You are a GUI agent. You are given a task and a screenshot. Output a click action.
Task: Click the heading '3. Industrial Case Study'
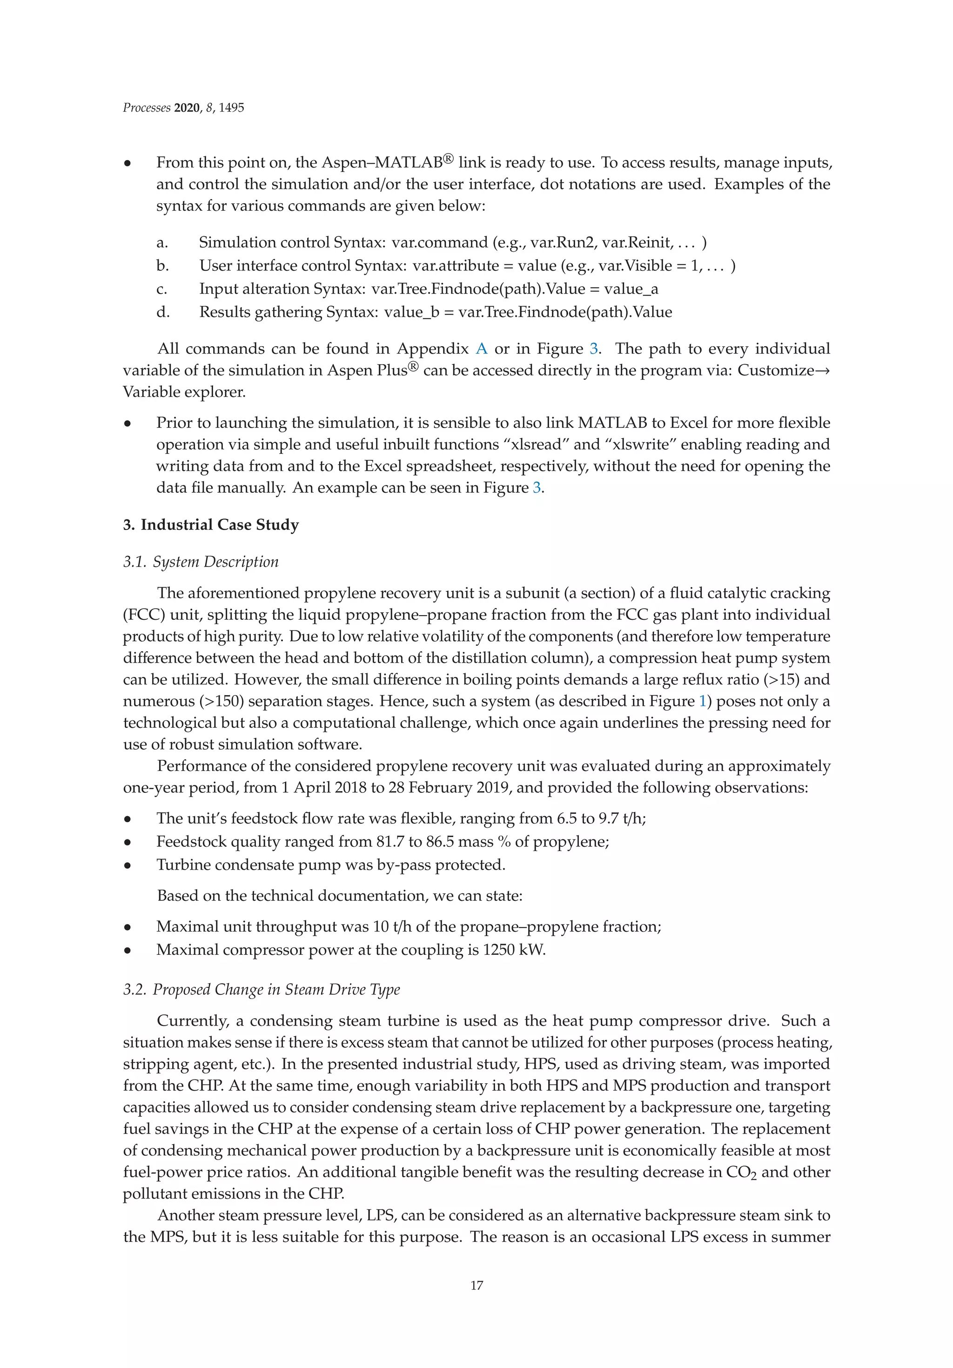pos(210,524)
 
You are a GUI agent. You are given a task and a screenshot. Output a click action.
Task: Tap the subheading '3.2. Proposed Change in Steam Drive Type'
pos(261,989)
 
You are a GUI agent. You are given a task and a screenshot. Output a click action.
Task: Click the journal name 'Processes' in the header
pos(147,108)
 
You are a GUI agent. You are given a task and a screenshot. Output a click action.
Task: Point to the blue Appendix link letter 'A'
pos(482,349)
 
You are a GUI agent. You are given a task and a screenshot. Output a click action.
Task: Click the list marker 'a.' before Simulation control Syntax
pos(162,242)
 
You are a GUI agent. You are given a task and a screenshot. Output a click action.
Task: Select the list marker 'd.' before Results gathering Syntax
pos(163,312)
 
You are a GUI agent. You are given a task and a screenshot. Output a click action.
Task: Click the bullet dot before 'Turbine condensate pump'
pos(128,866)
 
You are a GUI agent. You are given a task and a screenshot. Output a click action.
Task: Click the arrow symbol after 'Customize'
pos(824,370)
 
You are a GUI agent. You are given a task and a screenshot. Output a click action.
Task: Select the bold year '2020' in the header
pos(187,108)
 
